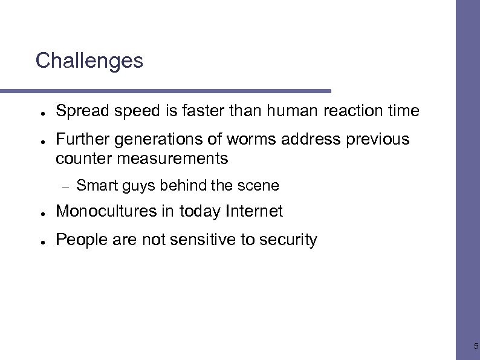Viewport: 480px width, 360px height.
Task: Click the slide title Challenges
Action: click(89, 61)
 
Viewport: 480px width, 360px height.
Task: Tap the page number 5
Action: click(476, 347)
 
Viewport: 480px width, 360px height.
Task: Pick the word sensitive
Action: click(201, 240)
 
